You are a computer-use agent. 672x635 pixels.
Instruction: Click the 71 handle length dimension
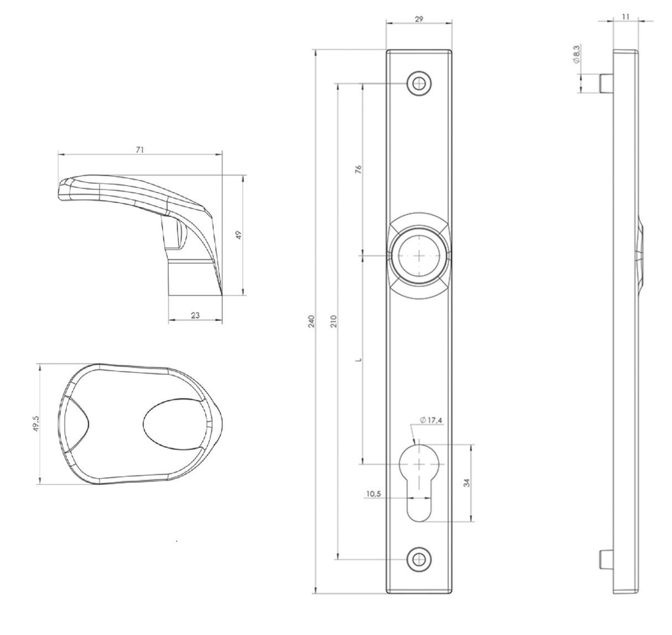[140, 149]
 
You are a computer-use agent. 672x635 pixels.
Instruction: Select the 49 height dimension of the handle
[239, 235]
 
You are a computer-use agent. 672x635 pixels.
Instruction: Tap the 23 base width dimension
[195, 315]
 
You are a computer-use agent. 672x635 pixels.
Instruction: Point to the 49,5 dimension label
[36, 425]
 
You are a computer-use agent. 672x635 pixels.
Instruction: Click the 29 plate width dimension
[419, 18]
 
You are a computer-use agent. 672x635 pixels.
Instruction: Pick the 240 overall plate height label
[311, 322]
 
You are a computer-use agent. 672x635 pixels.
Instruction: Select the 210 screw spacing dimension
[333, 322]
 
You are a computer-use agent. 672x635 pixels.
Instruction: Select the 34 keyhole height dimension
[467, 482]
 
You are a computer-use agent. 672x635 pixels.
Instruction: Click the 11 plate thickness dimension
[626, 17]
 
